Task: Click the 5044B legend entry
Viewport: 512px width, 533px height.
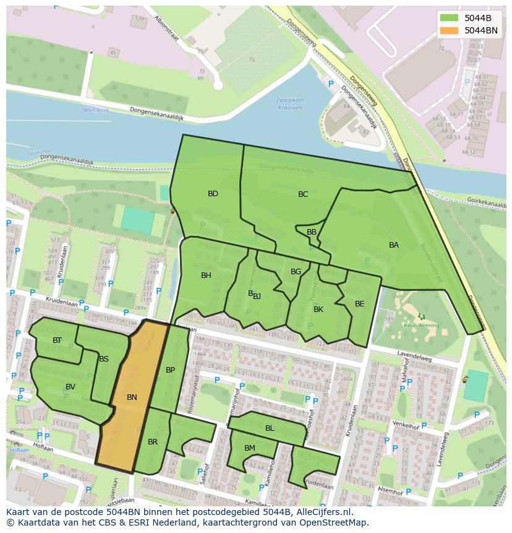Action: [477, 18]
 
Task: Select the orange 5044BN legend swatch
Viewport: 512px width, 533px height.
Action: [450, 30]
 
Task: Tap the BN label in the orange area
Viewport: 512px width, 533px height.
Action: [132, 397]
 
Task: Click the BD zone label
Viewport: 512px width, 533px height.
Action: [213, 194]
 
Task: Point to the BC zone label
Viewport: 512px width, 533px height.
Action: [303, 194]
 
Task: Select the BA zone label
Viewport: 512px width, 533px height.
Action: [394, 245]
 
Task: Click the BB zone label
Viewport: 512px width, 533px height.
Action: [312, 232]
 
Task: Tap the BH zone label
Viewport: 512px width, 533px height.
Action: [206, 275]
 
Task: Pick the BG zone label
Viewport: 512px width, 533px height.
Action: [296, 272]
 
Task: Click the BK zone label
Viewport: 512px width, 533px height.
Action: [318, 310]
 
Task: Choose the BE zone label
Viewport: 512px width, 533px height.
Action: [360, 304]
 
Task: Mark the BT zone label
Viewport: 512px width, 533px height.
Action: [57, 340]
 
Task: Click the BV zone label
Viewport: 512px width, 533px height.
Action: [70, 387]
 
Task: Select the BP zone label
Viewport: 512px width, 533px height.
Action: [171, 370]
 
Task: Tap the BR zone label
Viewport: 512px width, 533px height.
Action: [153, 442]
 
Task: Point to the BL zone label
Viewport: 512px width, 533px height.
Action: [270, 428]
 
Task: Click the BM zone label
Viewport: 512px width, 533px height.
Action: [250, 448]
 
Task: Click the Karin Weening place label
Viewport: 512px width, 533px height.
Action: [422, 325]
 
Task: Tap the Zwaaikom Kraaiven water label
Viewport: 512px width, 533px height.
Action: [289, 103]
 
